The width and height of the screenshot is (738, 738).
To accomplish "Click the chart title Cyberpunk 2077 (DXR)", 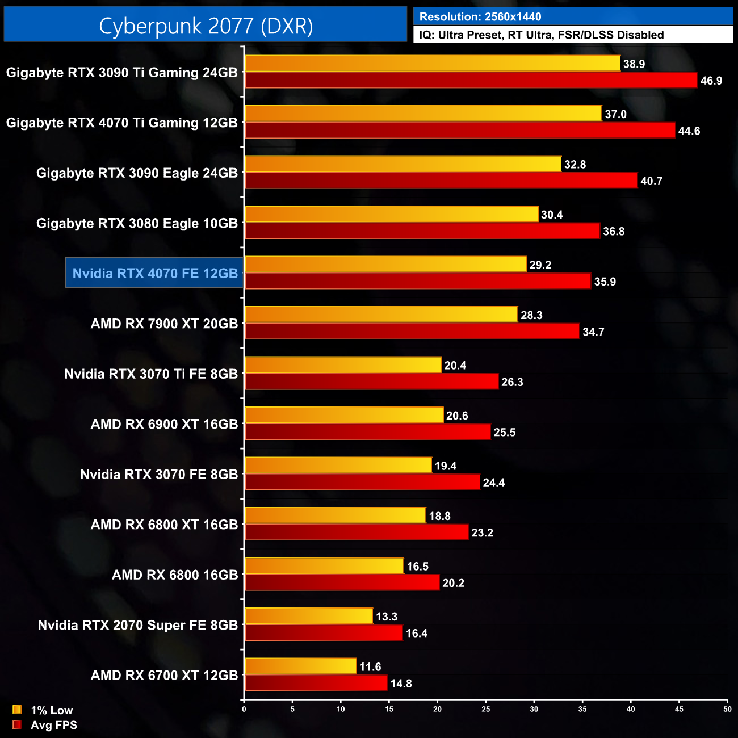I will point(206,26).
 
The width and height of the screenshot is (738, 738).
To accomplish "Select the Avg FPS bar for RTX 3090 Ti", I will point(471,80).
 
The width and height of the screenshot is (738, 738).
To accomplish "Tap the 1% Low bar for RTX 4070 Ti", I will point(423,114).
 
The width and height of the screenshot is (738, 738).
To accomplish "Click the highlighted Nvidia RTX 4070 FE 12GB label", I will point(155,273).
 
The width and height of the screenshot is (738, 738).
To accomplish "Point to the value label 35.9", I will point(605,282).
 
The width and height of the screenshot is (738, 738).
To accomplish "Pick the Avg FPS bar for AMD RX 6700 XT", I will point(316,683).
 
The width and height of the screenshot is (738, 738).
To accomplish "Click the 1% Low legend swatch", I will point(17,710).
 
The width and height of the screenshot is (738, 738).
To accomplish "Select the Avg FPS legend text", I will point(53,725).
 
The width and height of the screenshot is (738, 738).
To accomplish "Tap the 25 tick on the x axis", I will point(486,709).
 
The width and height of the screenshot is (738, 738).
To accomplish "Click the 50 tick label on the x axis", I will point(727,709).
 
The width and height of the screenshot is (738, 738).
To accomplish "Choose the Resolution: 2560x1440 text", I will point(480,17).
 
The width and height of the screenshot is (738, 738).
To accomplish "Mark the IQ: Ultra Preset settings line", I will point(541,35).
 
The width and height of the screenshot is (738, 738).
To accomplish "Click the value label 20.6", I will point(457,416).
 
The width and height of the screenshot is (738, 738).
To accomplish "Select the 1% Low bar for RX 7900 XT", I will point(381,315).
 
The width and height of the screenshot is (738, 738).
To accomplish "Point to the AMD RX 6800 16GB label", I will point(175,575).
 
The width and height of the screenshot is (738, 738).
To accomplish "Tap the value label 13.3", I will point(387,617).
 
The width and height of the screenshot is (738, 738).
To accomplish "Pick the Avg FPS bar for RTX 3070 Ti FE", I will point(371,381).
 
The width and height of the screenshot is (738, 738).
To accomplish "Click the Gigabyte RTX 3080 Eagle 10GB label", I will point(137,223).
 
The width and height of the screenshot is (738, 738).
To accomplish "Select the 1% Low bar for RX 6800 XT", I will point(335,515).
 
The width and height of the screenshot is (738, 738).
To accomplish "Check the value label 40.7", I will point(651,181).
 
